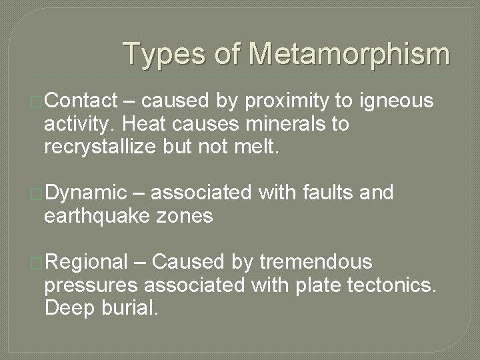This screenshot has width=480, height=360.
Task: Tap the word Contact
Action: coord(79,101)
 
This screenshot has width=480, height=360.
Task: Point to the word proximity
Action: coord(287,101)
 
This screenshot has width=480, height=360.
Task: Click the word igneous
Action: coord(397,102)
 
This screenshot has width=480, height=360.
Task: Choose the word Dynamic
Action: coord(85,193)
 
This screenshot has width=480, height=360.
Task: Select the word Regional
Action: coord(85,262)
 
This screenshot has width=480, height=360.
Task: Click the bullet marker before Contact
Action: coord(37,102)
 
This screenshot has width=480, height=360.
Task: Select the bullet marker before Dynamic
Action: coord(37,194)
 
